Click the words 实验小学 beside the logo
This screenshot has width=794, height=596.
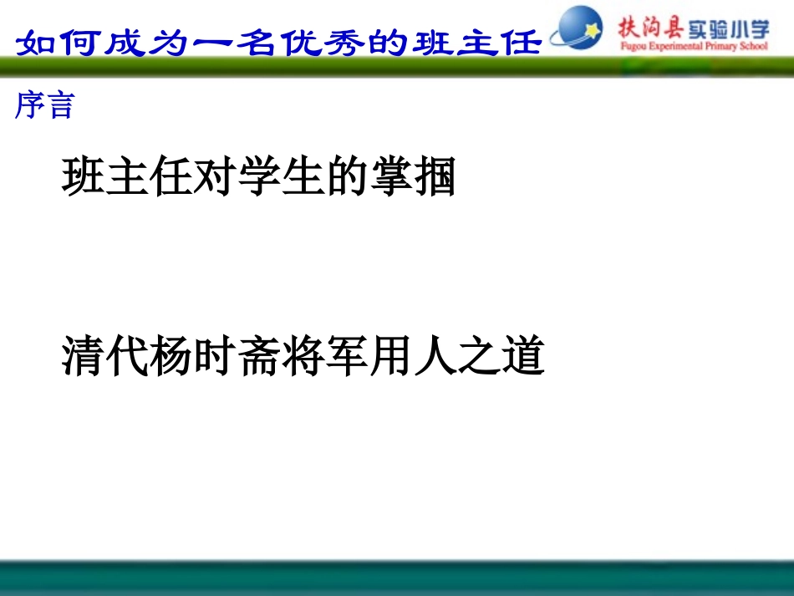(x=726, y=29)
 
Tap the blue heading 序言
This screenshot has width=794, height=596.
(x=44, y=105)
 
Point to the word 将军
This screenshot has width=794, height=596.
(x=326, y=356)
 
